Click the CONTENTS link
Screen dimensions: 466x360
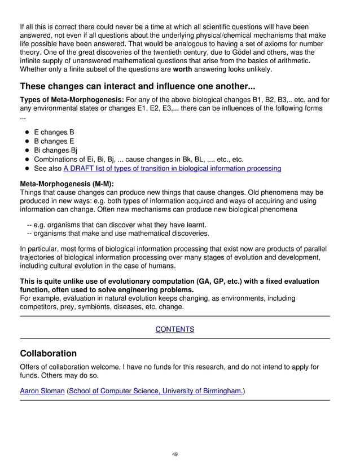click(x=175, y=329)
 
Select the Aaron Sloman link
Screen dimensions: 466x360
click(x=42, y=390)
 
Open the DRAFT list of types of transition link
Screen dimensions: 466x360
click(x=172, y=168)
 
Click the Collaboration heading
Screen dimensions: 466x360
click(x=48, y=353)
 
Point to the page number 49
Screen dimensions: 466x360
click(x=175, y=454)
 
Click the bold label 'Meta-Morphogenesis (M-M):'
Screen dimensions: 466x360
click(x=67, y=184)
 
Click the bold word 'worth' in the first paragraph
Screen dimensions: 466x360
click(x=182, y=69)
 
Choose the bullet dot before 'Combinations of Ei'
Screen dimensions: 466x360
click(x=27, y=160)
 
